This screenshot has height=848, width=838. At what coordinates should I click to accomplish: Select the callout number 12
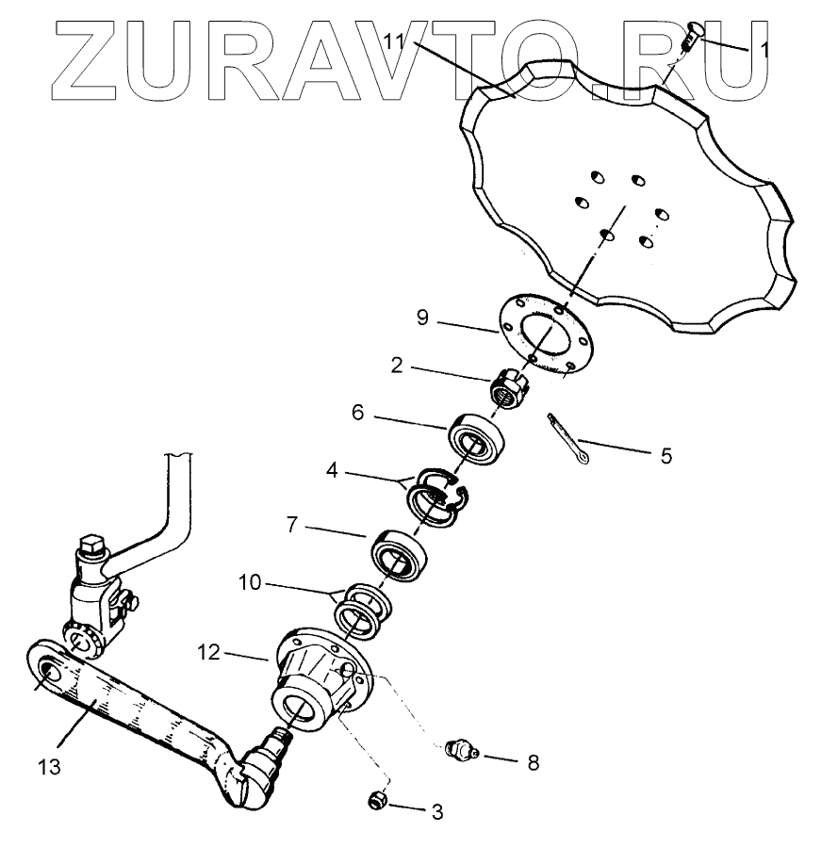click(209, 650)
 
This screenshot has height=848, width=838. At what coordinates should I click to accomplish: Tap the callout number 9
click(422, 318)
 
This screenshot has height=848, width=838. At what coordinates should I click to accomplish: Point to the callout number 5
click(665, 456)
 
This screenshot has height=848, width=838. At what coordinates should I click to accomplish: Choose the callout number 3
click(435, 810)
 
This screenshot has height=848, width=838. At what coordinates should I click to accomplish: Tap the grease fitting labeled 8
click(458, 751)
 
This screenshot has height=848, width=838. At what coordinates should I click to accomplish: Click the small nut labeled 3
click(377, 801)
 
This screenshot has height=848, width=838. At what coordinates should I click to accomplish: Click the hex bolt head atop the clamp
click(92, 546)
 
